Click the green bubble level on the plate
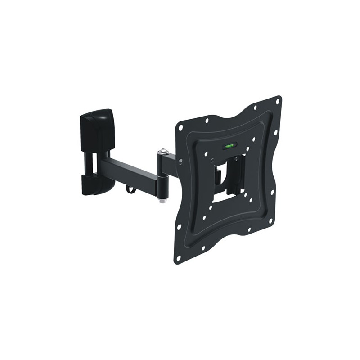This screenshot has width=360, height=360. click(x=229, y=145)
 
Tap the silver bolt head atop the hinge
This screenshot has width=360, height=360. click(x=162, y=152)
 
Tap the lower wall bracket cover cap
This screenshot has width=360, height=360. click(x=96, y=185)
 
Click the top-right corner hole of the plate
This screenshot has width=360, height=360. click(x=277, y=102)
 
